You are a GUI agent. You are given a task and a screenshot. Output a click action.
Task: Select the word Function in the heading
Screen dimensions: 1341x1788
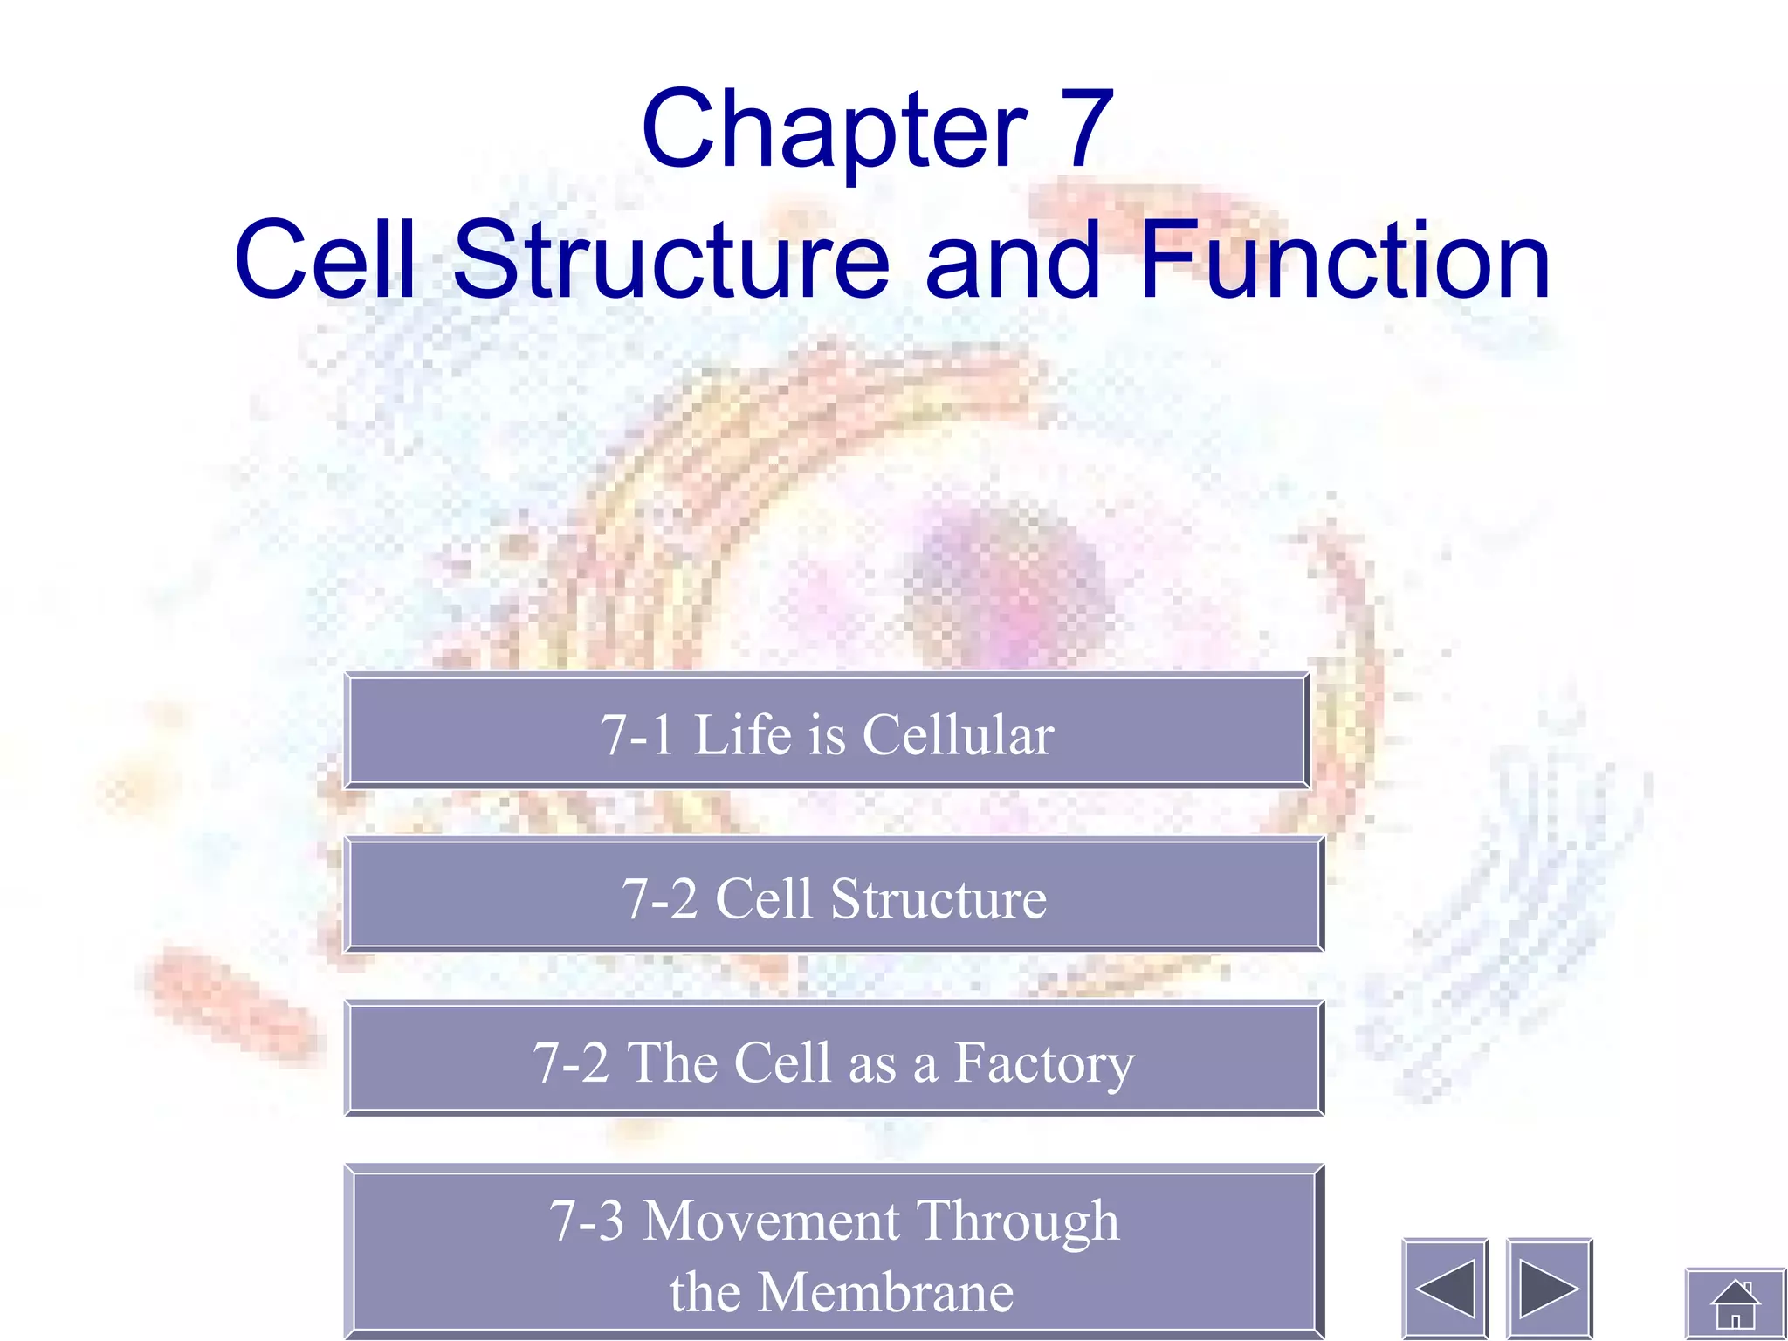click(x=1344, y=260)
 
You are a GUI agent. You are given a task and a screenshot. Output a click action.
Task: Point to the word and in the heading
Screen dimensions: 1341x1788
click(x=1013, y=260)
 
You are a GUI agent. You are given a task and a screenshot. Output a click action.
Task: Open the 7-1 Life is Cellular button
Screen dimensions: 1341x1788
click(x=827, y=732)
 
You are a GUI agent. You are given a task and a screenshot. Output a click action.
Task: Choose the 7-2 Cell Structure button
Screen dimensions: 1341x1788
click(x=834, y=895)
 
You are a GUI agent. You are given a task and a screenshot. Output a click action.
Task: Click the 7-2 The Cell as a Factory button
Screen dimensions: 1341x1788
click(x=834, y=1060)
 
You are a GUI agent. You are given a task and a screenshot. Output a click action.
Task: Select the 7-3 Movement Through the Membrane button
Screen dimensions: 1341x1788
click(x=834, y=1254)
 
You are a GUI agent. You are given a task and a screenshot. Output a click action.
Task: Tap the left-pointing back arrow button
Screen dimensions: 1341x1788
click(x=1445, y=1288)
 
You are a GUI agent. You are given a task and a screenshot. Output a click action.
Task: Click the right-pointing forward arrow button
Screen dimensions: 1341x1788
click(x=1549, y=1288)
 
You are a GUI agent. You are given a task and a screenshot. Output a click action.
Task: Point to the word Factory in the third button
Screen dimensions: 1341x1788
click(x=1043, y=1063)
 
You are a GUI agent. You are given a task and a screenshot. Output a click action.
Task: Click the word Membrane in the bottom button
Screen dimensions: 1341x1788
click(x=886, y=1292)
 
